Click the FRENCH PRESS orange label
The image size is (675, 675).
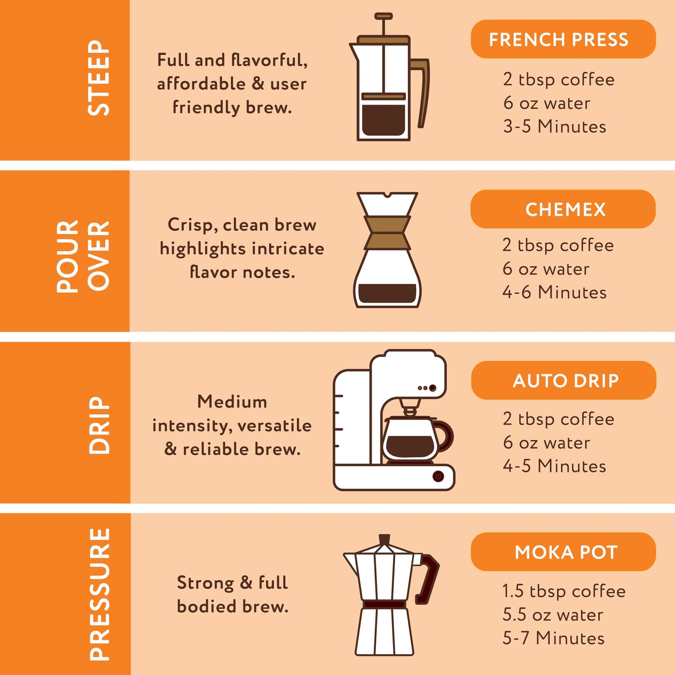click(x=563, y=39)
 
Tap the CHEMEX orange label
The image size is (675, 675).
click(x=563, y=209)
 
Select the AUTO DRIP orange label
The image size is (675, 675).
click(x=564, y=380)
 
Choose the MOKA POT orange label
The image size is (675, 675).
click(x=563, y=552)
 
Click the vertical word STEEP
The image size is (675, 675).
click(x=99, y=78)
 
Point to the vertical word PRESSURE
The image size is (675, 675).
click(x=99, y=594)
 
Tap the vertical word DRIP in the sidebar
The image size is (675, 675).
click(x=99, y=425)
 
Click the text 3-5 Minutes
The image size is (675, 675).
click(x=554, y=127)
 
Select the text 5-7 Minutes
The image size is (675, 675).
click(x=554, y=638)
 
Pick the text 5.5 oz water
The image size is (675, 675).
click(x=553, y=615)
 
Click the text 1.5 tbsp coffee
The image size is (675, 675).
click(x=564, y=591)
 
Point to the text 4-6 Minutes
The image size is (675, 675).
click(x=554, y=292)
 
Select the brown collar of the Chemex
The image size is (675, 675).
click(x=387, y=232)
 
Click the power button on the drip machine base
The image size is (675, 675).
click(x=438, y=476)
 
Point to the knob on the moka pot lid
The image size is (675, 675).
click(x=384, y=539)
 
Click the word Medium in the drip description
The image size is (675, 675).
click(x=232, y=402)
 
